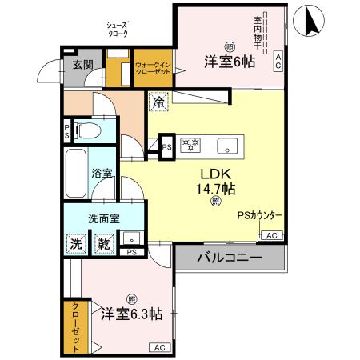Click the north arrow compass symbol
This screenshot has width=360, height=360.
click(310, 22)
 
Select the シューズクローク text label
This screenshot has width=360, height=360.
click(118, 30)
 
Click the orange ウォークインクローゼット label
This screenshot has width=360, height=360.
click(151, 70)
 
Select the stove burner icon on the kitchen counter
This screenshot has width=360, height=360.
click(192, 146)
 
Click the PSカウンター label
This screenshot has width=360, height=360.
click(259, 214)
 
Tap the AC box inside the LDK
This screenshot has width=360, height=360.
click(271, 235)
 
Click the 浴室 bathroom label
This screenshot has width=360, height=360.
click(101, 172)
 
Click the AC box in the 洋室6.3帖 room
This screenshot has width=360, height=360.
click(158, 347)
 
